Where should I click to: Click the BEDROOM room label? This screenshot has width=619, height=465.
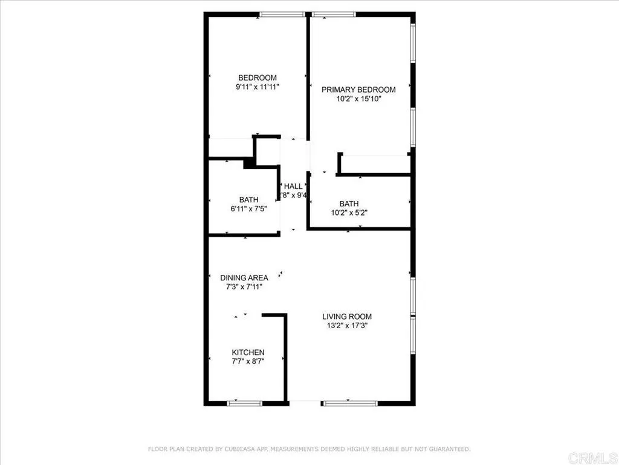258,77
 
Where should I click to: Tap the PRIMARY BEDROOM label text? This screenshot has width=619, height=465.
358,90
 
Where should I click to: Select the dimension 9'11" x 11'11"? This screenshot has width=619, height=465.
258,87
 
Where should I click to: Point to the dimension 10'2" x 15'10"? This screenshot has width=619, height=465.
358,98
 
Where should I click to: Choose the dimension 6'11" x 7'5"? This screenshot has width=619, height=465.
248,208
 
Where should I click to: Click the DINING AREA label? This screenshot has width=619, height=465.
244,278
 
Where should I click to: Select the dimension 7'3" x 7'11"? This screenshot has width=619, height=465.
244,287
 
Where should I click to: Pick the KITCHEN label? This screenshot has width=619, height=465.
248,352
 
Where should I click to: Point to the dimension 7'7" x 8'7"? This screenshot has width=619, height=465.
248,361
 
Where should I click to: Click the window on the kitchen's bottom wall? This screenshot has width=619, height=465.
245,403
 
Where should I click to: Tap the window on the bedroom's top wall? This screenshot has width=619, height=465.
282,14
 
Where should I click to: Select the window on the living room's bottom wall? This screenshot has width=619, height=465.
349,403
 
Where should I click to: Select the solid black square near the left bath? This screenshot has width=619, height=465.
248,163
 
